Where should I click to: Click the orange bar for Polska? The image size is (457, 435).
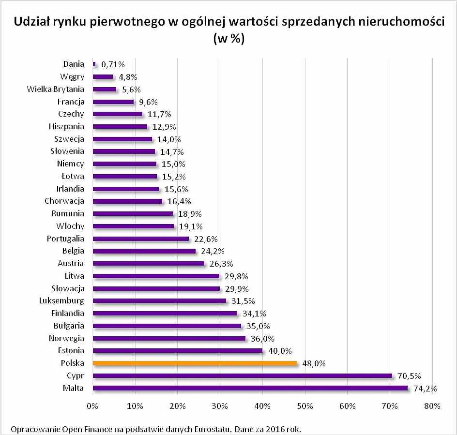pos(194,363)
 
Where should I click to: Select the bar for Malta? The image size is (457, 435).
pos(250,388)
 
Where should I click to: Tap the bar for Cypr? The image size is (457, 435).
pos(242,375)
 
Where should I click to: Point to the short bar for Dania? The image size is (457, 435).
pos(94,64)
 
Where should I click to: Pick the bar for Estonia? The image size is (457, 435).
pos(177,350)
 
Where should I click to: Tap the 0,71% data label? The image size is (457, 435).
pos(113,64)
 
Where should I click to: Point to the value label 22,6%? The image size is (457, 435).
pos(206,239)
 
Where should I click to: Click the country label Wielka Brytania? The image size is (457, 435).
pos(56,89)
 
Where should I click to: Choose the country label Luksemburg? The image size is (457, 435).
pos(61,300)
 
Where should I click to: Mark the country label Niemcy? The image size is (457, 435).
pos(70,164)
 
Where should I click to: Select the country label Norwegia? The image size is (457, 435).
pos(66,338)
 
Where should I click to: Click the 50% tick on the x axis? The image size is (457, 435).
pos(305,406)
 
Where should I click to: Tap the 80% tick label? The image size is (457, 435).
pos(432,406)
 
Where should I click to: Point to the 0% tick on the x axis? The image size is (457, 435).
pos(92,406)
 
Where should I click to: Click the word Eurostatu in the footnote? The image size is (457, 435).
pos(193,429)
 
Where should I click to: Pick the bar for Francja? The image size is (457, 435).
pos(113,102)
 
